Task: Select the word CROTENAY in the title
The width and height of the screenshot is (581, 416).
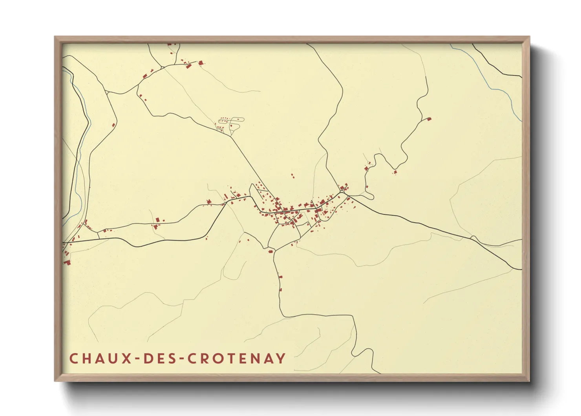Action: [236, 358]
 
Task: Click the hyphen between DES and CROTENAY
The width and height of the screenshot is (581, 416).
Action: [180, 359]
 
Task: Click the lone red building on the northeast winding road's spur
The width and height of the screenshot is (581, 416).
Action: [429, 118]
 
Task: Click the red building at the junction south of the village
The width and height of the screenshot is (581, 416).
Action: [270, 251]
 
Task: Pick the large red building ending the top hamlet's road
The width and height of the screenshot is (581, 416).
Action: [201, 63]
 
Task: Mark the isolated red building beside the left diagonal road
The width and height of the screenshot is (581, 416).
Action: [113, 125]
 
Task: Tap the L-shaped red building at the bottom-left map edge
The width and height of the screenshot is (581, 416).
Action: [67, 261]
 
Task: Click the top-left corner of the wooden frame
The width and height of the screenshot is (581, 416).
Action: [55, 37]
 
